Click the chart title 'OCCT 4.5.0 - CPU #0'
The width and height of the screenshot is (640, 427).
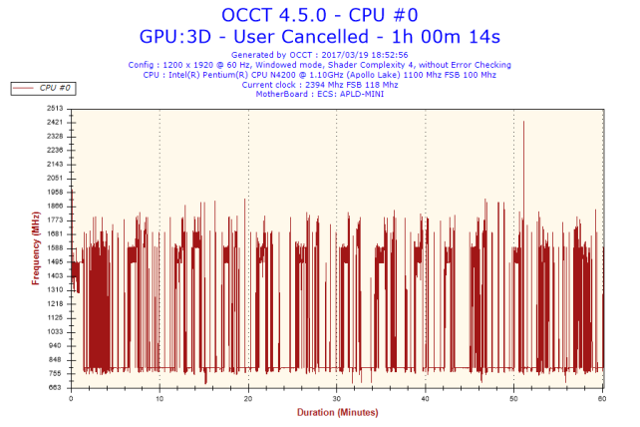[319, 15]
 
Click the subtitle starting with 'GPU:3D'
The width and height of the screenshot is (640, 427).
[319, 36]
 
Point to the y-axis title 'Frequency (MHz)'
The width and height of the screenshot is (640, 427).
[37, 247]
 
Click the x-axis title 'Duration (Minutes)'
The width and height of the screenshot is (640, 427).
[337, 411]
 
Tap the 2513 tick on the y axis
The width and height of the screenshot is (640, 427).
[55, 108]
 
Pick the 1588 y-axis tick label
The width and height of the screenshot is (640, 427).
[55, 247]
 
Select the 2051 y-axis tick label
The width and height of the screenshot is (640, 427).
[55, 178]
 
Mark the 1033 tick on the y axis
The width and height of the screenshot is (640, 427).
[55, 331]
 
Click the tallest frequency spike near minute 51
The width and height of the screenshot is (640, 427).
[523, 123]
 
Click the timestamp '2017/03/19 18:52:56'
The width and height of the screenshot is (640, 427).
[368, 55]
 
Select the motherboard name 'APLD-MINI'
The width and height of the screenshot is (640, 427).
[361, 94]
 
